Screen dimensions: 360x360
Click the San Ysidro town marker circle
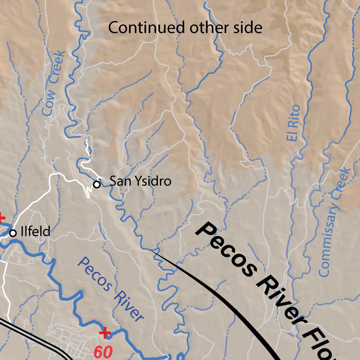(97, 184)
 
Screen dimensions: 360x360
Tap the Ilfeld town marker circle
(13, 233)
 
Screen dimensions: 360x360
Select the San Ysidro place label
(140, 181)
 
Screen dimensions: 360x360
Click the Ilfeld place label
(35, 232)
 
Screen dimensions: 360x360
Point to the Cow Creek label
(54, 84)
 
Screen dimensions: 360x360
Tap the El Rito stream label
(293, 123)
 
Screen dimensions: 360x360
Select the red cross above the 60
(104, 333)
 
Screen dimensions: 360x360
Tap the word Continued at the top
(147, 28)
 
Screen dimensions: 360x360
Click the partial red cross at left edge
(1, 218)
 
